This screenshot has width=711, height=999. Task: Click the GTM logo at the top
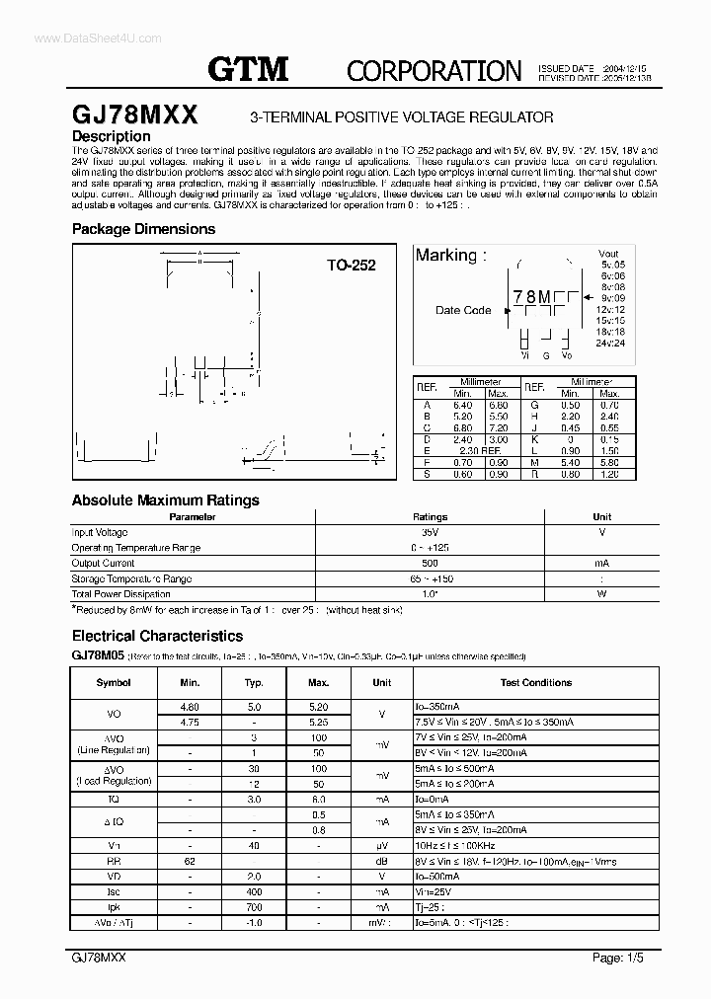[x=248, y=68]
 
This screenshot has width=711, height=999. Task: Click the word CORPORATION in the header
[x=434, y=70]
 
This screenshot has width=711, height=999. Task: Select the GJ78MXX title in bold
[x=135, y=115]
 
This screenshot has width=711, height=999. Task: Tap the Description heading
[x=112, y=136]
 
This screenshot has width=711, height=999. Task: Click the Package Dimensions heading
[x=143, y=229]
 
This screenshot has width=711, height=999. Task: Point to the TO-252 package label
[x=352, y=266]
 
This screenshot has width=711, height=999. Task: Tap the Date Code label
[x=463, y=310]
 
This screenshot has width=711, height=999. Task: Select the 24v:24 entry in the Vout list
[x=610, y=343]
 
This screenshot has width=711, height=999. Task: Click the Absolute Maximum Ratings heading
[x=166, y=499]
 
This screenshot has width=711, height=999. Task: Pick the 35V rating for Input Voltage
[x=430, y=532]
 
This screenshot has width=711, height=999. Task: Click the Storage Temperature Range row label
[x=131, y=578]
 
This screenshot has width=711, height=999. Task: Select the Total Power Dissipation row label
[x=120, y=594]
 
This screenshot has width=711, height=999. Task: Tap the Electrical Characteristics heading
[x=157, y=637]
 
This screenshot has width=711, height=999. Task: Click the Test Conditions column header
[x=535, y=682]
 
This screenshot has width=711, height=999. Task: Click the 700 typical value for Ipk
[x=254, y=906]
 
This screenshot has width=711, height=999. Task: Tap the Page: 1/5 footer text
[x=619, y=959]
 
